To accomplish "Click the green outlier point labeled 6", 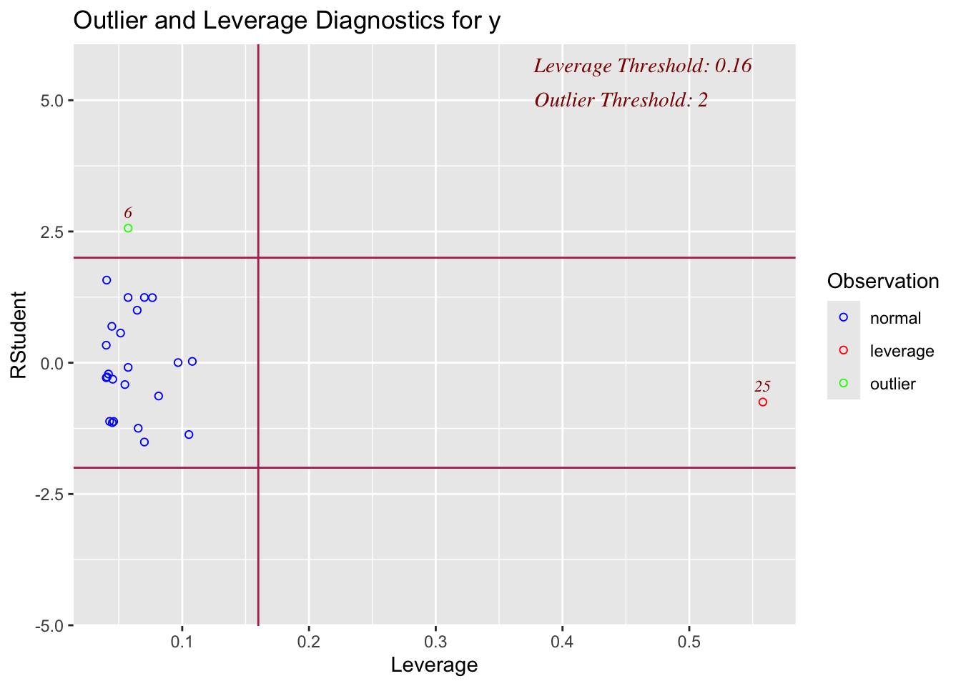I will pyautogui.click(x=128, y=228).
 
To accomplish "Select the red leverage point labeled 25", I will pyautogui.click(x=762, y=402).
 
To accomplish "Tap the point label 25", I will pyautogui.click(x=762, y=387).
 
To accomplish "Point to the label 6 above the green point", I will pyautogui.click(x=128, y=213).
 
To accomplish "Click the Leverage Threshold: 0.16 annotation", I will pyautogui.click(x=642, y=66).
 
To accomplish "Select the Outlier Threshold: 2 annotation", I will pyautogui.click(x=621, y=100).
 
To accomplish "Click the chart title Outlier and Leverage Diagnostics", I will pyautogui.click(x=287, y=21).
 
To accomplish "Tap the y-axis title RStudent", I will pyautogui.click(x=18, y=334).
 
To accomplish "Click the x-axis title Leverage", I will pyautogui.click(x=434, y=665).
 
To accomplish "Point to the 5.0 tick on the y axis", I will pyautogui.click(x=53, y=100).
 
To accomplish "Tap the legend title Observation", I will pyautogui.click(x=883, y=282).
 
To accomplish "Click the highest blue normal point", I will pyautogui.click(x=107, y=280).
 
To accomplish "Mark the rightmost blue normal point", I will pyautogui.click(x=192, y=362).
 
